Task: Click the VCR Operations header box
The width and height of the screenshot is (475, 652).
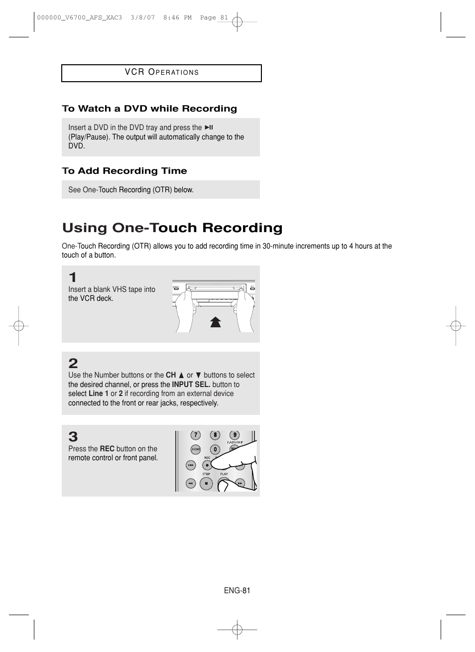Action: click(161, 73)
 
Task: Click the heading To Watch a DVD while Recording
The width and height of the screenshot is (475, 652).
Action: click(149, 109)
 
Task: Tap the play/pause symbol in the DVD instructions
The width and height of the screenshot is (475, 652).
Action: click(209, 128)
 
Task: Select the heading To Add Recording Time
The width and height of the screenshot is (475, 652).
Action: click(124, 171)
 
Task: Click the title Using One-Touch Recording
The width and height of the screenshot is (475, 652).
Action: click(172, 228)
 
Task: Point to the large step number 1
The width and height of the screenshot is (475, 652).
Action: click(73, 277)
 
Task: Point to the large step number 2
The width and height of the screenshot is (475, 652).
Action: click(73, 364)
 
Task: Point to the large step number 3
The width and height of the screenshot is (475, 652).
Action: click(73, 437)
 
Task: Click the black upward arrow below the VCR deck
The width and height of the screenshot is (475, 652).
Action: click(215, 322)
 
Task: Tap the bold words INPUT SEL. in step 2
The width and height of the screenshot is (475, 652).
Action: click(191, 385)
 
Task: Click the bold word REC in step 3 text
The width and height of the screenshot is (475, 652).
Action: click(107, 449)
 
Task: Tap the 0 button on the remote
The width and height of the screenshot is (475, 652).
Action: click(215, 449)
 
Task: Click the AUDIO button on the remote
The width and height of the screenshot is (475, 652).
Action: click(196, 449)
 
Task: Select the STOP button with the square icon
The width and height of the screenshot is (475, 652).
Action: click(206, 483)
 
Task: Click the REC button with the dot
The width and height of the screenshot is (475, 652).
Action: click(207, 465)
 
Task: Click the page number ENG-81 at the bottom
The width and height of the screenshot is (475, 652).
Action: click(237, 591)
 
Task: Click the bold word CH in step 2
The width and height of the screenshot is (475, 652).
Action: click(171, 375)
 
